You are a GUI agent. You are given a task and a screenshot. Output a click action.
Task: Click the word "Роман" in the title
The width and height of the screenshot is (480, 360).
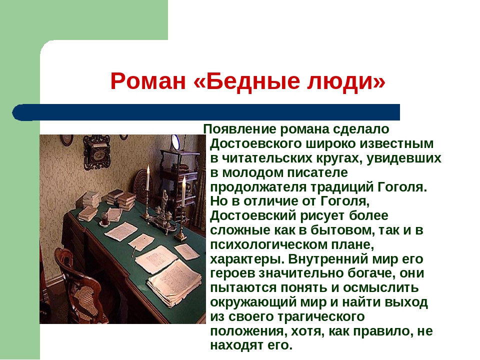pyautogui.click(x=148, y=81)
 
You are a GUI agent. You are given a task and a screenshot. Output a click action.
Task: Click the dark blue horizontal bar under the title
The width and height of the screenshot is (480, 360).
pyautogui.click(x=206, y=112)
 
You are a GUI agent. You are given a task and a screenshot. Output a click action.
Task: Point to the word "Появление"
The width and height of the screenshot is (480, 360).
pyautogui.click(x=239, y=129)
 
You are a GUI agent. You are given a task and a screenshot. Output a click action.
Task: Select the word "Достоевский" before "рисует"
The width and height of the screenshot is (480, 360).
pyautogui.click(x=253, y=216)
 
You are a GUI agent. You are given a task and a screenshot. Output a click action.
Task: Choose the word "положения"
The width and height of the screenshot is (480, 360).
pyautogui.click(x=248, y=331)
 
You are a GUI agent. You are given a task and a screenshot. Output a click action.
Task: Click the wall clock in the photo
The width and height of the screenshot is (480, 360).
pyautogui.click(x=96, y=152)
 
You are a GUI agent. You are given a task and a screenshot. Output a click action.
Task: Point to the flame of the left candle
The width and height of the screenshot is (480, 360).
pyautogui.click(x=148, y=168)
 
